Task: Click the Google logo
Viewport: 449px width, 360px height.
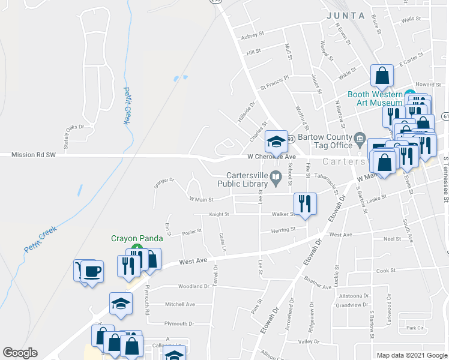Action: pyautogui.click(x=20, y=353)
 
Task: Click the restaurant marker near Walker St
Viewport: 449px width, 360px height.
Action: pyautogui.click(x=305, y=205)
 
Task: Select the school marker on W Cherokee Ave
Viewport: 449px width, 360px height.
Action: pyautogui.click(x=276, y=142)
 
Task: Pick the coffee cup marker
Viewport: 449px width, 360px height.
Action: pyautogui.click(x=92, y=271)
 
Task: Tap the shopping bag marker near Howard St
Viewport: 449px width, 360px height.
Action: pyautogui.click(x=382, y=76)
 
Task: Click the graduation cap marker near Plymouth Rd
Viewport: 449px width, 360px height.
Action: pyautogui.click(x=121, y=304)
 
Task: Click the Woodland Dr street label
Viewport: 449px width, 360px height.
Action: pyautogui.click(x=193, y=286)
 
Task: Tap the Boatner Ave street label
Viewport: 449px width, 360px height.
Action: pyautogui.click(x=318, y=287)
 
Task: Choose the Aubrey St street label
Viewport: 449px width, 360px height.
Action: pyautogui.click(x=252, y=37)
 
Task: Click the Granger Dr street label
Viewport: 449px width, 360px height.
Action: pyautogui.click(x=164, y=180)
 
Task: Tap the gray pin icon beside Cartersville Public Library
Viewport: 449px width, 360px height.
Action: pyautogui.click(x=276, y=176)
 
